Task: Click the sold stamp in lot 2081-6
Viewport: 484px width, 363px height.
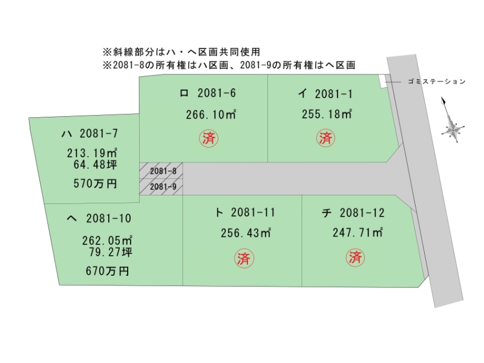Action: [209, 138]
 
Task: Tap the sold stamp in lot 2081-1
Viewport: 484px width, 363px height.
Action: [325, 138]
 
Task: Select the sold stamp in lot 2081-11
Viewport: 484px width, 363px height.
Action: [244, 258]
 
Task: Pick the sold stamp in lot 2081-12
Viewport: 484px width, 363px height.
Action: [355, 257]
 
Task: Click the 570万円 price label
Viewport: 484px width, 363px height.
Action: [95, 184]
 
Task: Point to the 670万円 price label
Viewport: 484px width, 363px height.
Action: [107, 271]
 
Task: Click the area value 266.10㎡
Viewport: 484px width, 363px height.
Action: [211, 114]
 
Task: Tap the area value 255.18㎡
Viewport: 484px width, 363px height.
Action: [327, 114]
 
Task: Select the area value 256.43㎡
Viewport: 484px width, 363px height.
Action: [246, 233]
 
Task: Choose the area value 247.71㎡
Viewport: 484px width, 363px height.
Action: [358, 232]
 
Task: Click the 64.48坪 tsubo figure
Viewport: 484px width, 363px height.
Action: [96, 165]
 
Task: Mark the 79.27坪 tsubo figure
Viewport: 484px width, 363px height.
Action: [111, 252]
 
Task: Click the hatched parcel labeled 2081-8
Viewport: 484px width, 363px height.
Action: [161, 171]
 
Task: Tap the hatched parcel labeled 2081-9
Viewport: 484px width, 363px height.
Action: [161, 187]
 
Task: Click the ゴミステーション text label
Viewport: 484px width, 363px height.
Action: [436, 82]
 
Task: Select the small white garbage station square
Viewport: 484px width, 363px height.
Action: [383, 81]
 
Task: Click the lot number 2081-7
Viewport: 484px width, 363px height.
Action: [99, 133]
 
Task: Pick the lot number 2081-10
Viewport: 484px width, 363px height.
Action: [109, 218]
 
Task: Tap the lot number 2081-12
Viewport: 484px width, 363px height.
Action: [362, 213]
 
